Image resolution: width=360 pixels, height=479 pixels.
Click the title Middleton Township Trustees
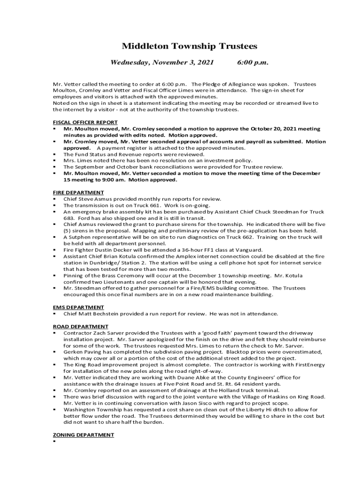coord(189,46)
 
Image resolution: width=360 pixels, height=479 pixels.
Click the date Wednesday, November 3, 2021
coord(162,62)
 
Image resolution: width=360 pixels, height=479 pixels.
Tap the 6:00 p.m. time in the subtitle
coord(252,62)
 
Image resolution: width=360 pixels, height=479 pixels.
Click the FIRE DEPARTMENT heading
coord(78,192)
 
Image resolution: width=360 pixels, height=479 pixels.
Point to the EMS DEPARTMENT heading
coord(78,307)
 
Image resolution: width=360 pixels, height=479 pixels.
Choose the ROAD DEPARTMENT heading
coord(80,327)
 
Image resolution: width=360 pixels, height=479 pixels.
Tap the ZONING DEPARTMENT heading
coord(83,435)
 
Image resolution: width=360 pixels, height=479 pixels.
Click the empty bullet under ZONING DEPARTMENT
coord(55,441)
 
